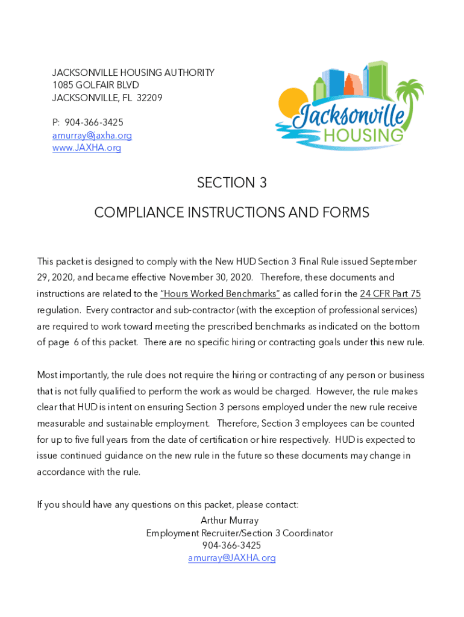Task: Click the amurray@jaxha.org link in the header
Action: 92,136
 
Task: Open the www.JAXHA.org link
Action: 86,148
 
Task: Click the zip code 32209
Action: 149,98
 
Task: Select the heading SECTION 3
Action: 231,183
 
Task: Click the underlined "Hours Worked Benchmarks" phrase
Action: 220,294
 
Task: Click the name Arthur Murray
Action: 230,521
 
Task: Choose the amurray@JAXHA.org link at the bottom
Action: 231,558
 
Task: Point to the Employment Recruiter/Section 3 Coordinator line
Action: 239,533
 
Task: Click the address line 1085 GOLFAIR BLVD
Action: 95,85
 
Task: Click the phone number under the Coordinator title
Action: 231,545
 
